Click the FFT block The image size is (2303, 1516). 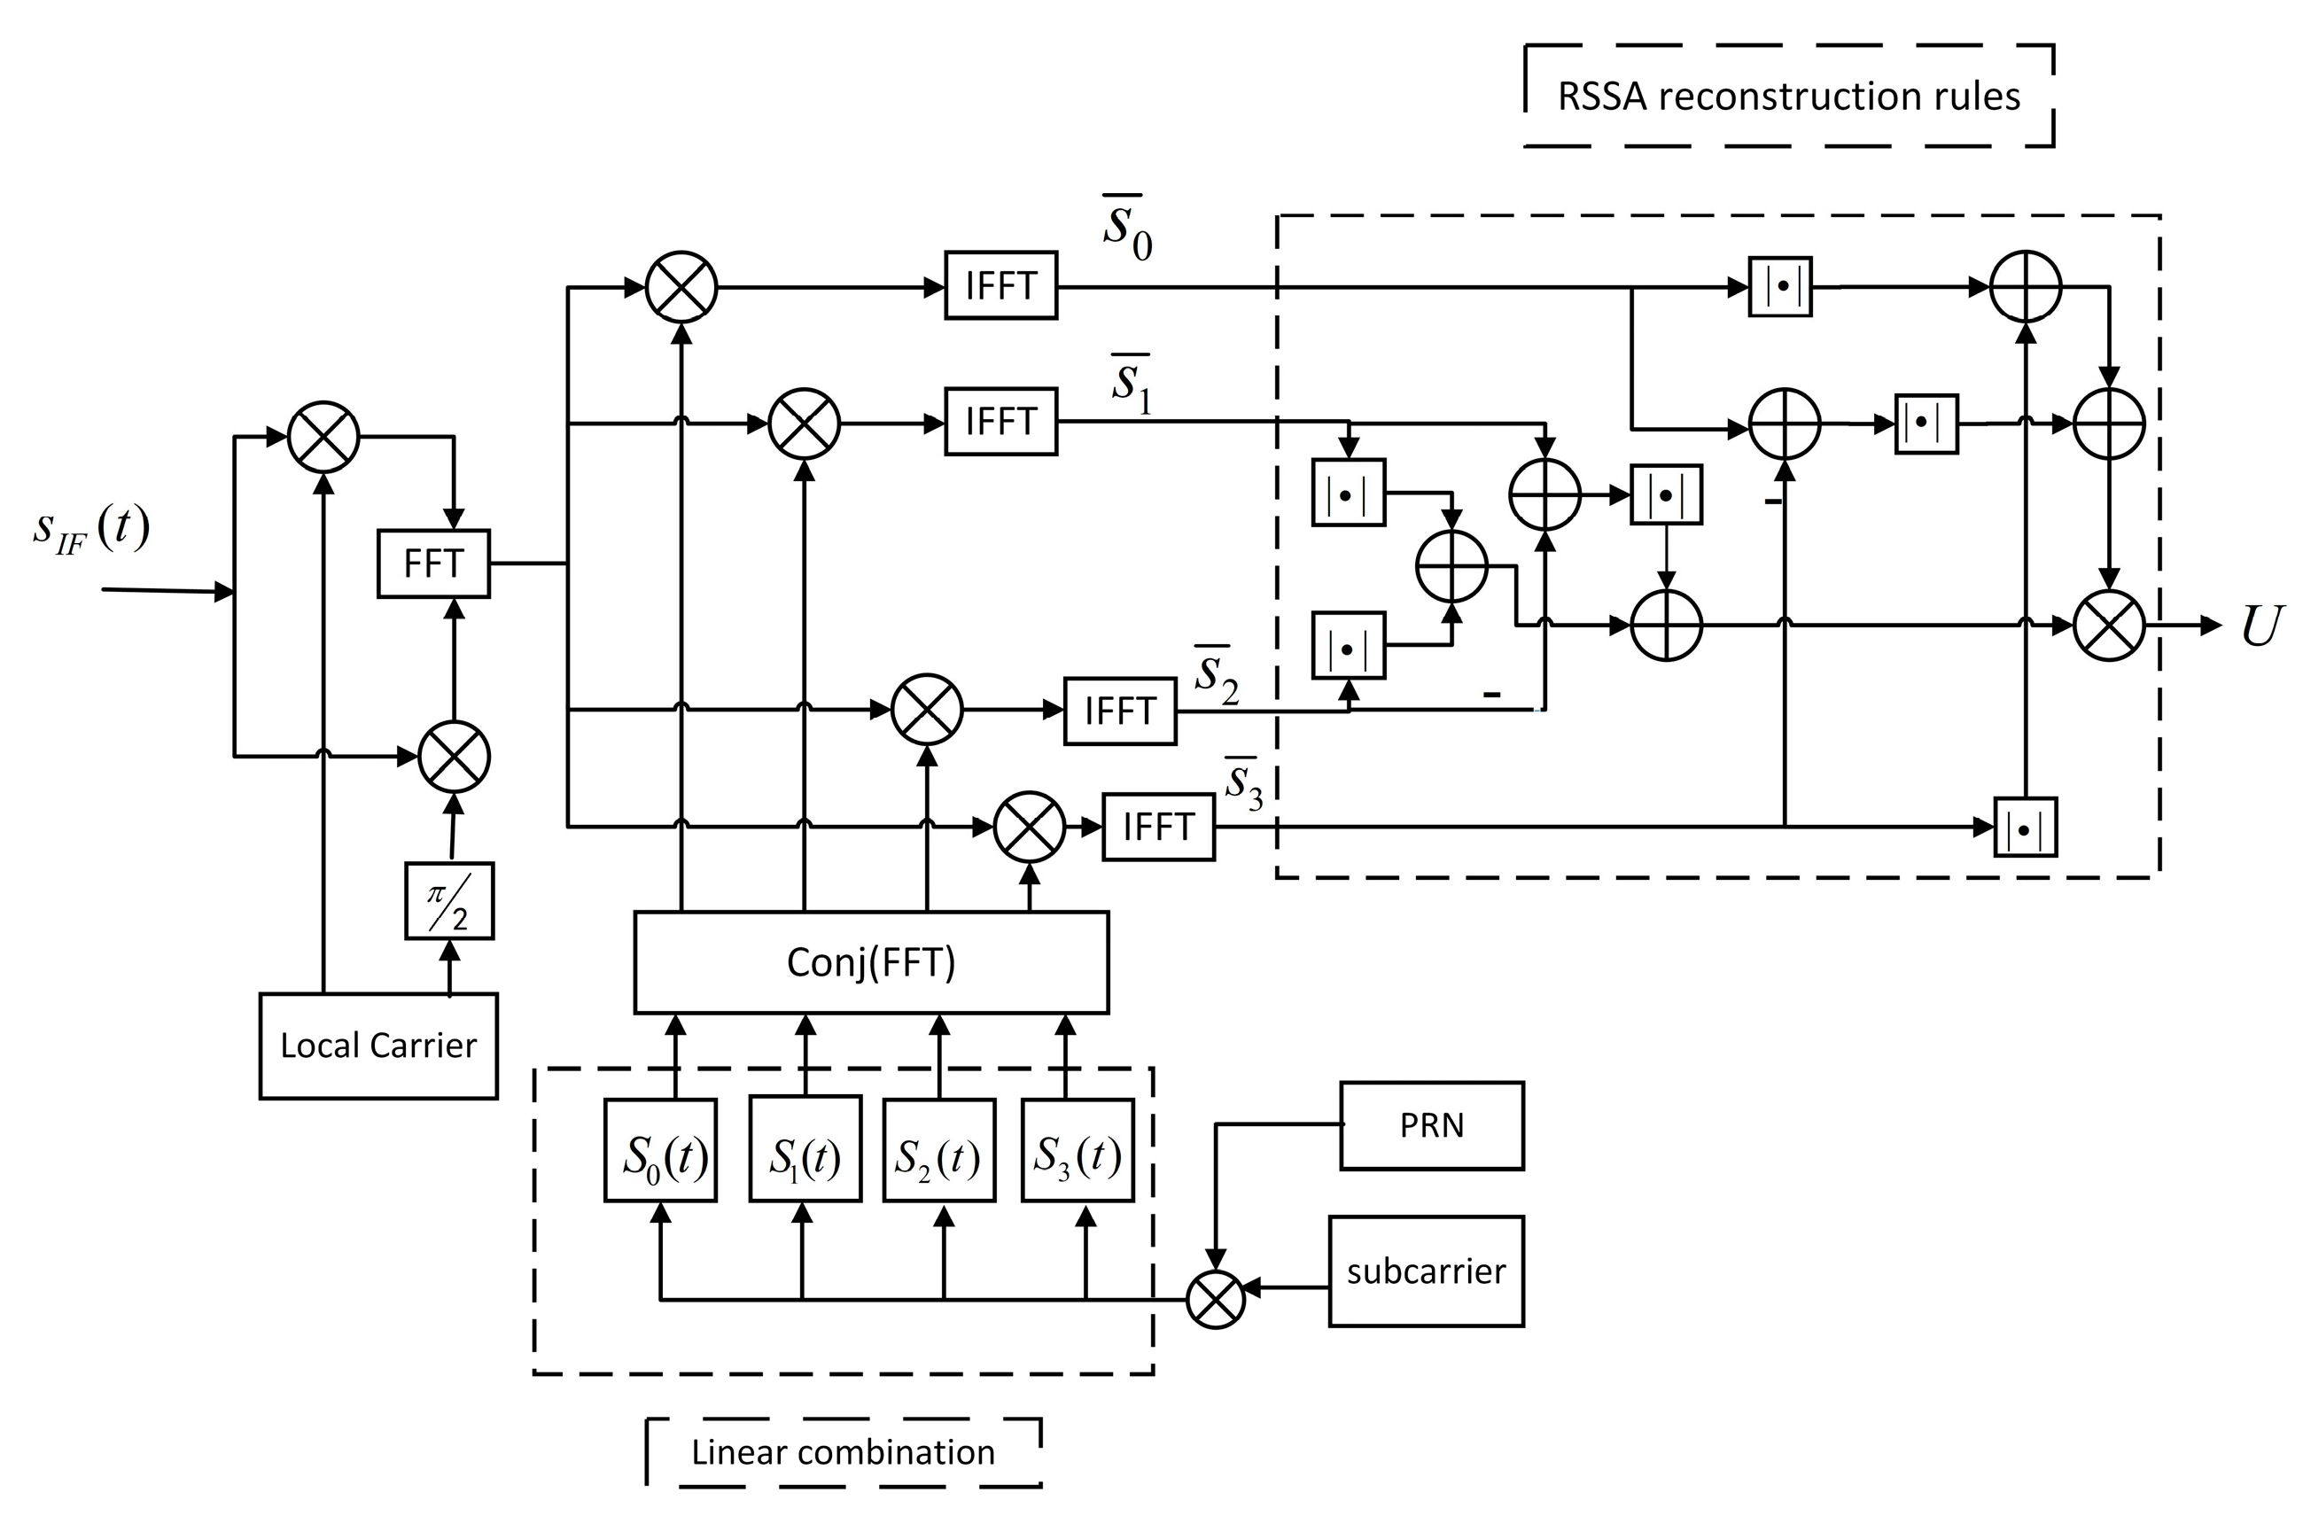click(x=432, y=563)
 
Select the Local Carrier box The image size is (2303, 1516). click(x=378, y=1046)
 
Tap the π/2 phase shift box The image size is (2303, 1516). click(x=449, y=901)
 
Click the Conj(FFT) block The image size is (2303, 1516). click(x=871, y=962)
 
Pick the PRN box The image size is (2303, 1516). click(x=1431, y=1126)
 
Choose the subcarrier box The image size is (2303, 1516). click(x=1426, y=1271)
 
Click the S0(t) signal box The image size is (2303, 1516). click(x=661, y=1151)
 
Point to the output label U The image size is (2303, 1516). click(x=2260, y=627)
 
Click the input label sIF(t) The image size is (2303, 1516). click(x=92, y=530)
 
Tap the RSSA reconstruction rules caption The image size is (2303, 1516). click(x=1788, y=97)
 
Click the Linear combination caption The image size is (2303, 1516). click(x=843, y=1452)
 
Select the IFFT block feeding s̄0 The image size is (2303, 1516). click(x=1000, y=286)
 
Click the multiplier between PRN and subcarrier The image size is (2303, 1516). click(x=1216, y=1299)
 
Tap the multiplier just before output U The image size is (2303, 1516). click(x=2110, y=626)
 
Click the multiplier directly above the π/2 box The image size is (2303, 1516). click(x=454, y=757)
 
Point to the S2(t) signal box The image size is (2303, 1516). click(x=938, y=1151)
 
